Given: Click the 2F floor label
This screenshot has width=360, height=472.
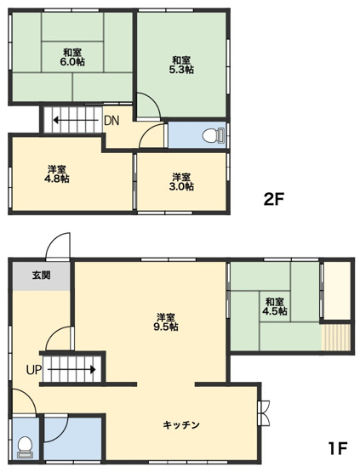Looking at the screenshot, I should coord(274,201).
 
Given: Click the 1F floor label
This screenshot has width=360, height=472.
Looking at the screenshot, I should coord(338,447).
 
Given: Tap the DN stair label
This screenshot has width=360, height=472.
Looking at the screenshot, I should coord(111,120).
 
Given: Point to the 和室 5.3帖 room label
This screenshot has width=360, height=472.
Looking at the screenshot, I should coord(180,65).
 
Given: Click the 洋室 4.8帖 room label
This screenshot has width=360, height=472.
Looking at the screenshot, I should coord(57,173).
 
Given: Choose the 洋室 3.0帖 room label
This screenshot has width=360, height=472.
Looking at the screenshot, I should coord(180,181).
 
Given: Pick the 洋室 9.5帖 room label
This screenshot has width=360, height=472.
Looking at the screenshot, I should coord(166,321).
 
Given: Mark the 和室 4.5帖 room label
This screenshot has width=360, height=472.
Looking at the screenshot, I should coord(274,306).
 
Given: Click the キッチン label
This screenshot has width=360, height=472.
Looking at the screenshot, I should coord(181,424).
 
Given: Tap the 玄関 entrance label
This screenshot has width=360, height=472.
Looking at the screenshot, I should coord(41,276).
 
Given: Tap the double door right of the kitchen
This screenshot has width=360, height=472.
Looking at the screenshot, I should coord(264,412).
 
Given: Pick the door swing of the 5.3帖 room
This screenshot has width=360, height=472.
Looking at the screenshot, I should coord(148,107).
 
